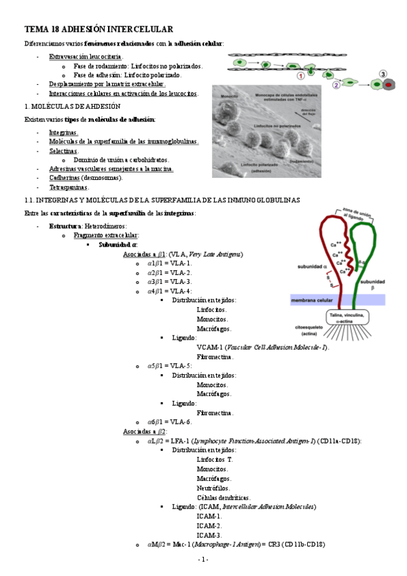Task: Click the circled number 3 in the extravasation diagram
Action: point(383,74)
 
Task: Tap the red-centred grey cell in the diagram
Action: point(388,86)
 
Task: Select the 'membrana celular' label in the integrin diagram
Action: point(312,300)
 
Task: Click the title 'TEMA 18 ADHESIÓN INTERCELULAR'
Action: point(99,29)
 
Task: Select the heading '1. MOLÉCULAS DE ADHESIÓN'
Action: point(72,107)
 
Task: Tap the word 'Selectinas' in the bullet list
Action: point(63,151)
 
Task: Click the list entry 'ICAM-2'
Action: point(209,526)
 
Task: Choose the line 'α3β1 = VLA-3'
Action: point(169,281)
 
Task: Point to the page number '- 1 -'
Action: point(203,559)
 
